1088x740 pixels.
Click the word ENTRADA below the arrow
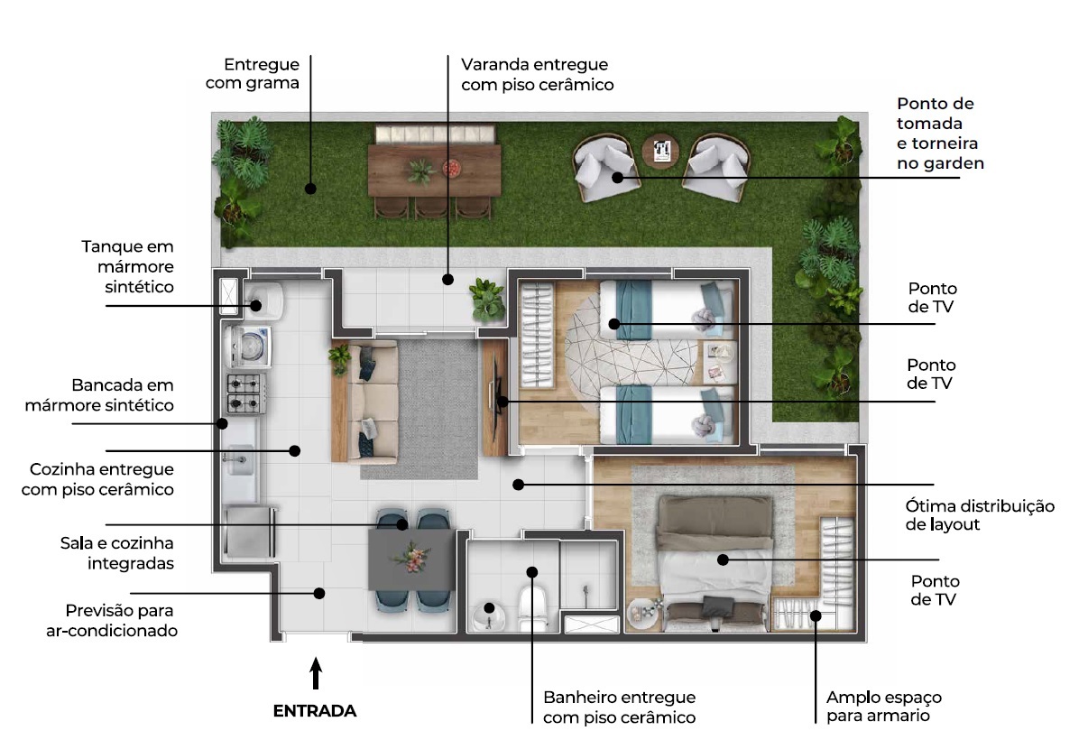[x=315, y=711]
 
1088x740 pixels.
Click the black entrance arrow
[x=316, y=673]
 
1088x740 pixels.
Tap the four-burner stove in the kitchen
[x=246, y=393]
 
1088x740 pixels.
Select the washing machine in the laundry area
[x=248, y=347]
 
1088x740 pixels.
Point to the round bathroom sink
[x=489, y=615]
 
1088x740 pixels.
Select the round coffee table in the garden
[x=660, y=151]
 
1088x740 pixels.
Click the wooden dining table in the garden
[x=434, y=170]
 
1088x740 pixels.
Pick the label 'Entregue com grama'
[x=253, y=74]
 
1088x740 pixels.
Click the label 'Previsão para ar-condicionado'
[x=112, y=621]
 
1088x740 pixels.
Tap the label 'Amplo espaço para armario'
[x=884, y=706]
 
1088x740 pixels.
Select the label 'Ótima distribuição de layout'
[x=980, y=515]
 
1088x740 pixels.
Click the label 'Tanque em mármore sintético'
[x=128, y=267]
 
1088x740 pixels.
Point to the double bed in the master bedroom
[x=714, y=564]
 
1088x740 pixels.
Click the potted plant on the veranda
[x=486, y=299]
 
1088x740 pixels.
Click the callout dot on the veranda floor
[x=447, y=280]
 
